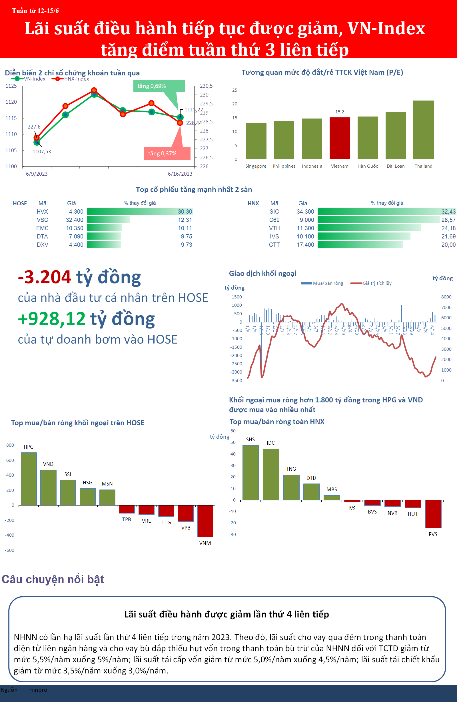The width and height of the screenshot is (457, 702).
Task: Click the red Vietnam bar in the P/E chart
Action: (340, 138)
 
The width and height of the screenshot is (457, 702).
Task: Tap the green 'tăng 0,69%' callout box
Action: (159, 86)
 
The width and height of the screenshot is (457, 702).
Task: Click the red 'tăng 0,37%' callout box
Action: (167, 153)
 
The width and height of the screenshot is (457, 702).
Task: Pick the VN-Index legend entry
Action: (29, 79)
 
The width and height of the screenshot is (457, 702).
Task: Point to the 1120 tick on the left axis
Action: (11, 102)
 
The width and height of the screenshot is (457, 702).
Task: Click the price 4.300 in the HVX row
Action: (76, 211)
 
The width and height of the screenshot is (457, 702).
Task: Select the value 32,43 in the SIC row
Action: (448, 211)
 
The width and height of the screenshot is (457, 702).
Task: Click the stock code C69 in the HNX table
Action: (274, 220)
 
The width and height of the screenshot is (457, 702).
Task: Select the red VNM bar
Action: (205, 521)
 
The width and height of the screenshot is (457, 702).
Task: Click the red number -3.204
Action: (45, 277)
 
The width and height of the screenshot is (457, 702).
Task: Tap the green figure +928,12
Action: (52, 319)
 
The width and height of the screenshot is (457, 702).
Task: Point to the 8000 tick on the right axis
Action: (446, 297)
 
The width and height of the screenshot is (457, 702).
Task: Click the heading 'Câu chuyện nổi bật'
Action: (53, 579)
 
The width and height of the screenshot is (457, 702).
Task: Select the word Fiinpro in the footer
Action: (38, 690)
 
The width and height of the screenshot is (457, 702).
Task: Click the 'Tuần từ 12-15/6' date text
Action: (35, 11)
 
